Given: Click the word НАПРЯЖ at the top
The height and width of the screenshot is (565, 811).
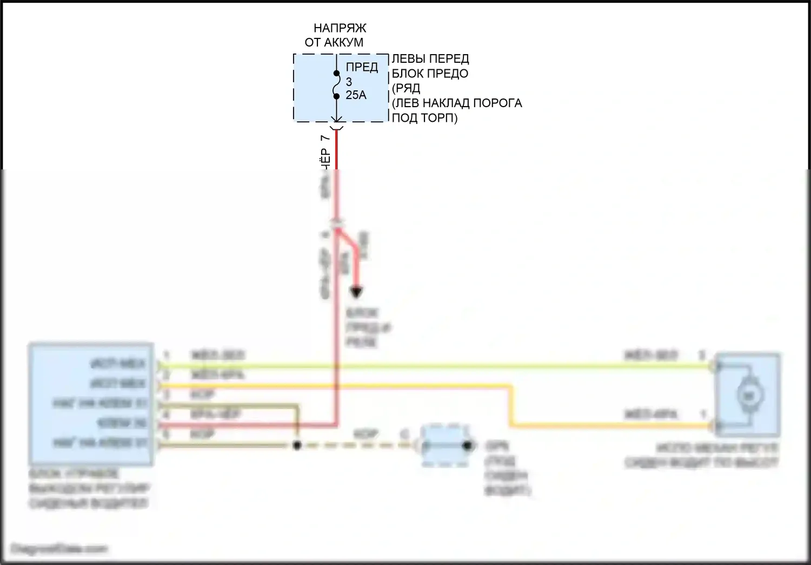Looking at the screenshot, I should point(340,28).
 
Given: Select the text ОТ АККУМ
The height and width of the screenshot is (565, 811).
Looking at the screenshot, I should point(334,42).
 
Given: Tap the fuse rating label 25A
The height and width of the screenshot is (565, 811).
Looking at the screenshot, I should point(356,95).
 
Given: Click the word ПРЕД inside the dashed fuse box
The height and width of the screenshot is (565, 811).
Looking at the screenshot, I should point(362,68).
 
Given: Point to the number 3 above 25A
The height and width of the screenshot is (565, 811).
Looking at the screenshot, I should point(349,82).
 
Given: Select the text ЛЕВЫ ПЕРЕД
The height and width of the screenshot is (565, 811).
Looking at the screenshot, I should point(430,58).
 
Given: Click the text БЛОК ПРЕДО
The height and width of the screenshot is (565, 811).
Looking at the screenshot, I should point(430,73).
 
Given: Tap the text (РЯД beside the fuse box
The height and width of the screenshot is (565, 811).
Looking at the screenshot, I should point(406,88).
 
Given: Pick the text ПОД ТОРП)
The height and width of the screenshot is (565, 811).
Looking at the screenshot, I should point(424,117).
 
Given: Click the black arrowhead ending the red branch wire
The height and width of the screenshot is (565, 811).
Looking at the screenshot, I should point(355,293).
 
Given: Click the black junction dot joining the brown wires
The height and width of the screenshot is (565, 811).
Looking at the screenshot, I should point(296,445).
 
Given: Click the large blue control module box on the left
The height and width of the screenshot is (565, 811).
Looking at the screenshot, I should point(90,404).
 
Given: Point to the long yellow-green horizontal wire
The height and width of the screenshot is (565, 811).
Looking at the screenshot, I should point(433,366).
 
